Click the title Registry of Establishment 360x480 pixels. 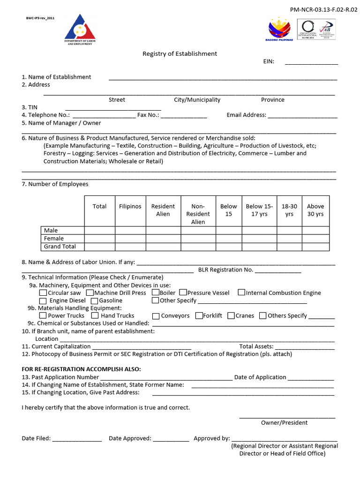pos(180,54)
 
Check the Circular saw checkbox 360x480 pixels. pos(43,293)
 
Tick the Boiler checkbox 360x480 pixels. pos(156,293)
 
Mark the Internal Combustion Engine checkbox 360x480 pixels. pos(241,293)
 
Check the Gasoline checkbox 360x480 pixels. pos(94,301)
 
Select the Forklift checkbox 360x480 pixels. pos(199,316)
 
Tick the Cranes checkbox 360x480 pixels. pos(231,316)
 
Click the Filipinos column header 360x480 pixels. pos(130,207)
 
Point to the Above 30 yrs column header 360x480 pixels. pos(315,210)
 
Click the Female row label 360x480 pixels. pos(54,239)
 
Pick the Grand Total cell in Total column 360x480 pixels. pos(100,247)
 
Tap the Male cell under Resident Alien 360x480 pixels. pos(163,231)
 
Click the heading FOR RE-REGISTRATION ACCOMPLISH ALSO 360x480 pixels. pos(81,369)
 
